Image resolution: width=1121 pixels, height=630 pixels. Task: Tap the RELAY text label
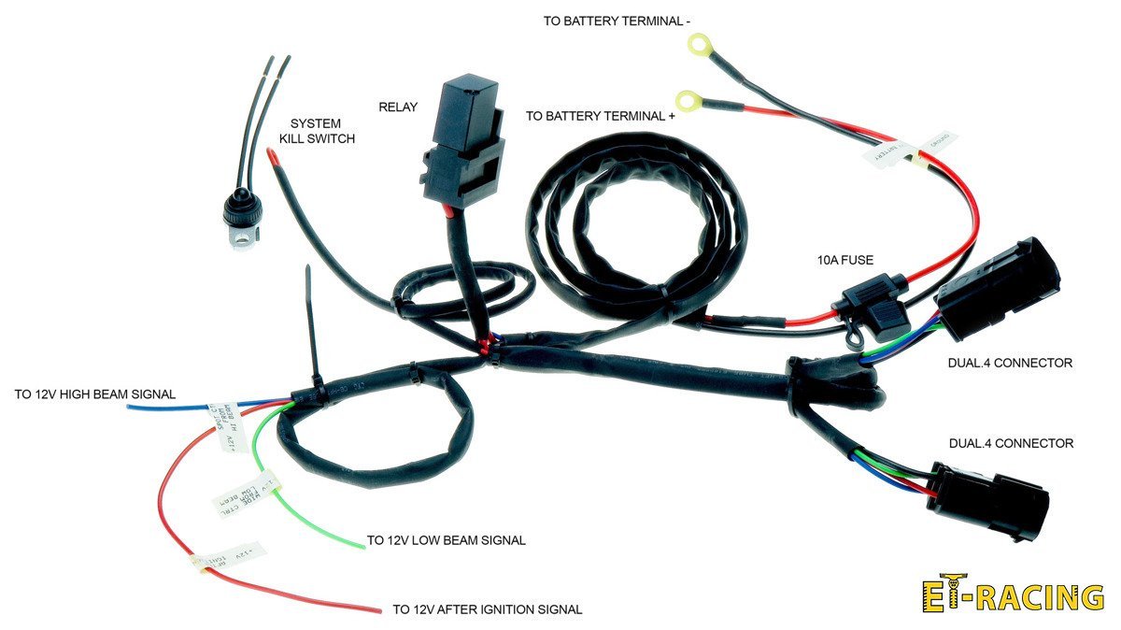coord(398,107)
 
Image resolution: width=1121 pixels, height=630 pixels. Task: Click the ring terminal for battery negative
coord(695,43)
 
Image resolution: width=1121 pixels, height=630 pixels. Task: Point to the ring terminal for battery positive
coord(688,99)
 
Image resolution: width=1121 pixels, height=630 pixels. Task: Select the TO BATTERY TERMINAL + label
coord(601,117)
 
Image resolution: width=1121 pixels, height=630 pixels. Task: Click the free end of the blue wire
coord(130,407)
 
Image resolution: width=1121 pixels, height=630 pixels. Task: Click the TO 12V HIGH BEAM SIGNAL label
coord(95,394)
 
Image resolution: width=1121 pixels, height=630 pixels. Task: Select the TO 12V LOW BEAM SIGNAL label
coord(446,540)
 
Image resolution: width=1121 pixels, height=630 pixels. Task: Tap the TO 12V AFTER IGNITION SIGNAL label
coord(487,609)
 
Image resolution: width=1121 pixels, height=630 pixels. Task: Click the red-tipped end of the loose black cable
coord(273,156)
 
